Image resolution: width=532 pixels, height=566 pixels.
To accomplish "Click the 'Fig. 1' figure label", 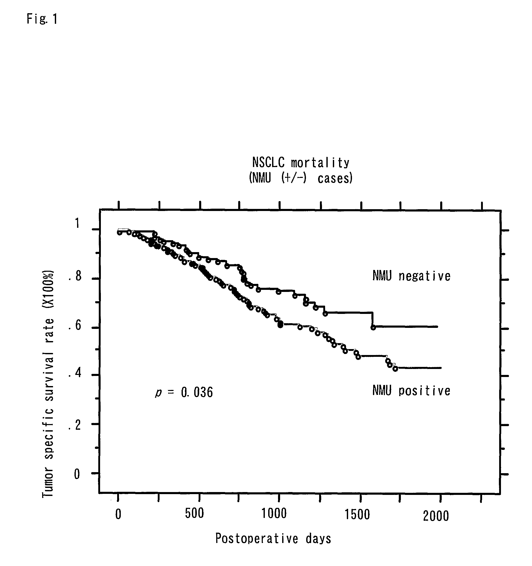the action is (42, 19).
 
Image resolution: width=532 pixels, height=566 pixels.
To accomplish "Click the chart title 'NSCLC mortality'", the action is (301, 163).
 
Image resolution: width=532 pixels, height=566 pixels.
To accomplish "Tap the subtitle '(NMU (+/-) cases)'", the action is (301, 178).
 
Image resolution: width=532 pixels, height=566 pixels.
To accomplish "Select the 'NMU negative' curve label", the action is (411, 276).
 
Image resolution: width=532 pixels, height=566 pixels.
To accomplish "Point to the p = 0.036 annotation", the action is (184, 392).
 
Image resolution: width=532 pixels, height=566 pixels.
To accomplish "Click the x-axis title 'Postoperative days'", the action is (273, 538).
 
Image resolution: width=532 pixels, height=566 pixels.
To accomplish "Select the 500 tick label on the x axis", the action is (194, 513).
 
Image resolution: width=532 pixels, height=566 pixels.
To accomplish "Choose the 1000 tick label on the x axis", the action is (274, 514).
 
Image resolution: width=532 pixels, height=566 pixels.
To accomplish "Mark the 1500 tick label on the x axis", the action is (357, 514).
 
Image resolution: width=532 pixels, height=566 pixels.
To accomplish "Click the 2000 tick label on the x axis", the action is (436, 516).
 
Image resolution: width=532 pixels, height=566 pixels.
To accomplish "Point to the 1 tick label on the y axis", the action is (77, 223).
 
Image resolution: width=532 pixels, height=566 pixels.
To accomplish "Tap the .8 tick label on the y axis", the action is (75, 276).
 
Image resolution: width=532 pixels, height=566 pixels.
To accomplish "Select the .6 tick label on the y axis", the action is (75, 325).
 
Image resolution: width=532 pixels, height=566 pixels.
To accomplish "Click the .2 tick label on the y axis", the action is (75, 426).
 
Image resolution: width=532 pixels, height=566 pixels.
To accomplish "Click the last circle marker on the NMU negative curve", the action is (373, 328).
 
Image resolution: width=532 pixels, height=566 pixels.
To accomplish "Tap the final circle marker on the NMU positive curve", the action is (395, 369).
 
